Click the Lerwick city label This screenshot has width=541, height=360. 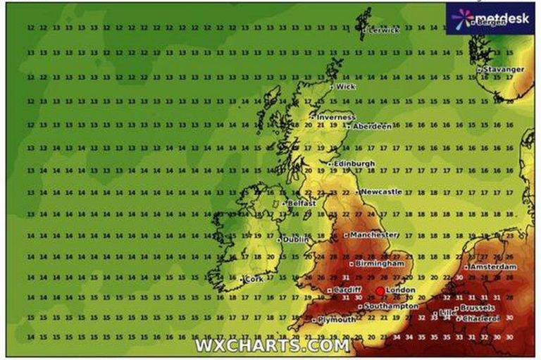(x=383, y=30)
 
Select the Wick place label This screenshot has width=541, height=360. (x=345, y=87)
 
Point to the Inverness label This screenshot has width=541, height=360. (x=335, y=117)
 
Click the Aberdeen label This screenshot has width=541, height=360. (x=371, y=126)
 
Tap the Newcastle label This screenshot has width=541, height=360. (x=383, y=192)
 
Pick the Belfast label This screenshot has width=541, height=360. (x=301, y=203)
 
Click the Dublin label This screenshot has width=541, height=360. (x=296, y=240)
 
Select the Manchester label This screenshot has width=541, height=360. (x=374, y=235)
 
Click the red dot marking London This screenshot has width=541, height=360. (x=380, y=290)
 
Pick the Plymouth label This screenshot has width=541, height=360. (x=337, y=319)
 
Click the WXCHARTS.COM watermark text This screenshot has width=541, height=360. (x=271, y=345)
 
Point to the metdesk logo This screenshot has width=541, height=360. (x=490, y=17)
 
